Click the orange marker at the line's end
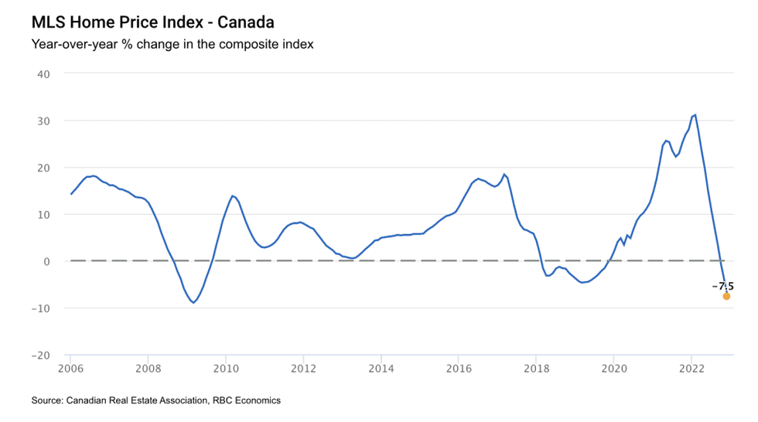(x=726, y=296)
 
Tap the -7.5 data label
(x=722, y=286)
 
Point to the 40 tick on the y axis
(x=44, y=74)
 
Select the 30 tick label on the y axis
(x=44, y=121)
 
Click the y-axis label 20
(x=44, y=168)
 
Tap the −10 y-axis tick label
(x=41, y=308)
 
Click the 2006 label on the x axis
(x=70, y=369)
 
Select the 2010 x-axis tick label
(x=225, y=369)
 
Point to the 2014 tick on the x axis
(x=381, y=369)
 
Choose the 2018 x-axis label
(x=535, y=369)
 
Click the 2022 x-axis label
(x=691, y=369)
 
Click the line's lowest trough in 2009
(x=193, y=302)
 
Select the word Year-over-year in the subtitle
(x=73, y=44)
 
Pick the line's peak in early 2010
(x=232, y=196)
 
